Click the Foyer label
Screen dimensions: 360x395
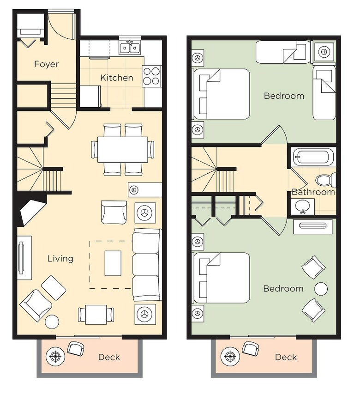46,64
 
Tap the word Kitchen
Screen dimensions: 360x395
117,78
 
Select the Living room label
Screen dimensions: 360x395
60,259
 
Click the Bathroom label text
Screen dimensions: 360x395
313,192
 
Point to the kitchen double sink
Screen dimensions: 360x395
130,48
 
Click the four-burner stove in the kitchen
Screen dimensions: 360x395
151,76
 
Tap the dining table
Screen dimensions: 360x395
123,150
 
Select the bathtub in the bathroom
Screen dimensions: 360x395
312,157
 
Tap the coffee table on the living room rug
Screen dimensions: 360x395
113,263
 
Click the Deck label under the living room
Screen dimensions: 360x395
109,357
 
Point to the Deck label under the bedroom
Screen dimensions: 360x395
286,357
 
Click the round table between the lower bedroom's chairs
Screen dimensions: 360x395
321,288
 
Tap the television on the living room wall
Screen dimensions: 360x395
21,257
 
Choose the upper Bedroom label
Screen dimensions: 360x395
284,96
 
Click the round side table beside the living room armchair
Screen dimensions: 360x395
52,322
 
